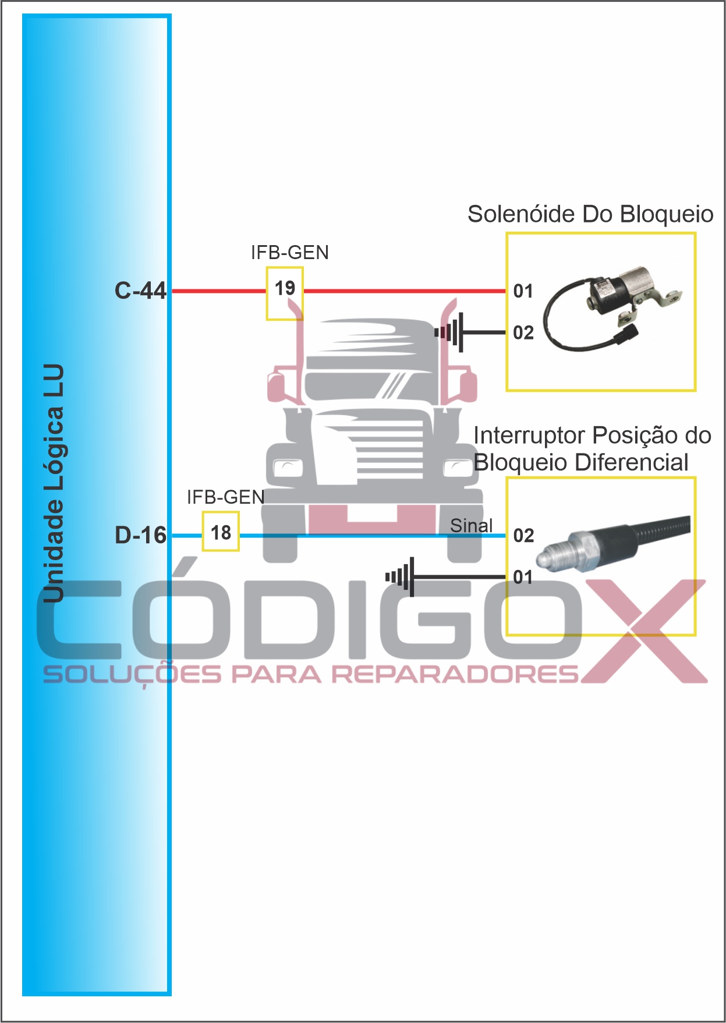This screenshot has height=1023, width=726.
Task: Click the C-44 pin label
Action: point(140,290)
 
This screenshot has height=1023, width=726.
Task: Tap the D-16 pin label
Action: point(140,534)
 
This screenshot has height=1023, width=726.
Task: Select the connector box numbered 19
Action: point(285,293)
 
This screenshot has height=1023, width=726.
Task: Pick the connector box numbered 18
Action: point(221,532)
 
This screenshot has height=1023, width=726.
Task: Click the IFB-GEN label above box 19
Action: point(290,252)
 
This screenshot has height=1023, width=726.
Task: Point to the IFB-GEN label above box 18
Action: point(226,497)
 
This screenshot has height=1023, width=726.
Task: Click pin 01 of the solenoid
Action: point(523,291)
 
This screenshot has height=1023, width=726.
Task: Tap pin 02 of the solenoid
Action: point(523,332)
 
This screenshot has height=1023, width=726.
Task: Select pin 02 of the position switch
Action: point(523,535)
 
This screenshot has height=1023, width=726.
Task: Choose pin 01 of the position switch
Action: point(523,577)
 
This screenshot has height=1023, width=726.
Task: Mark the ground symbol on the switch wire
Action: point(401,577)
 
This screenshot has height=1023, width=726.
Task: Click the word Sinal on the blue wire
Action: point(471,525)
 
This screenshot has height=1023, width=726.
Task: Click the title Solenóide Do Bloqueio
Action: point(590,214)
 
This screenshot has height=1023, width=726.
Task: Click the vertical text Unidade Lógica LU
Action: point(54,483)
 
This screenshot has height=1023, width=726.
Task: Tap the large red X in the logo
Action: point(643,632)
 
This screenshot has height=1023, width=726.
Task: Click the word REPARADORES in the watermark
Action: point(454,674)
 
